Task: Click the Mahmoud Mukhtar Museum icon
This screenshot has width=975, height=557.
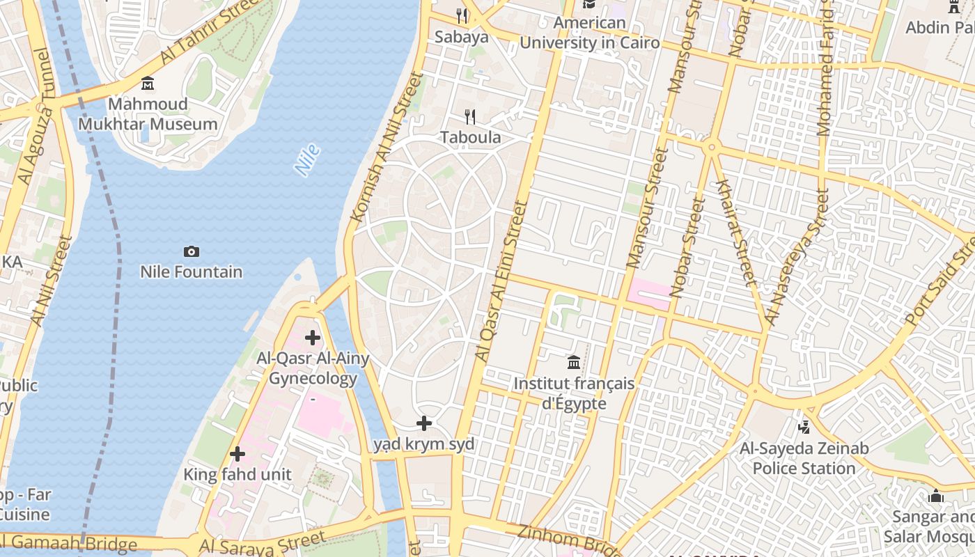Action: coord(148,84)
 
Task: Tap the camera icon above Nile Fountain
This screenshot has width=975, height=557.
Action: coord(191,251)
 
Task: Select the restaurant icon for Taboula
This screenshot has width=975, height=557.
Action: coord(471,117)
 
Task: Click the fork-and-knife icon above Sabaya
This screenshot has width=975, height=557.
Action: coord(461,15)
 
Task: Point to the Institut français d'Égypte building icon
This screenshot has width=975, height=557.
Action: coord(574,362)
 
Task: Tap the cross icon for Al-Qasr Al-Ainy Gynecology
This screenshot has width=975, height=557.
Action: coord(313,338)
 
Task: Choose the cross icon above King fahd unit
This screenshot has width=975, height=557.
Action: coord(237,454)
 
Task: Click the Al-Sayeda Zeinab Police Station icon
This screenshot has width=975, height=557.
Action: coord(804,426)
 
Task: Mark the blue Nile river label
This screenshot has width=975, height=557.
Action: coord(307,159)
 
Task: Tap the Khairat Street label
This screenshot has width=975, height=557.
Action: coord(735,233)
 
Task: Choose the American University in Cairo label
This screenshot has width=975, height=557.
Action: coord(589,33)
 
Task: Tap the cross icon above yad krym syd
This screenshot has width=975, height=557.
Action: coord(423,423)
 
